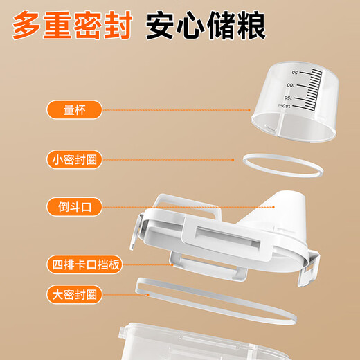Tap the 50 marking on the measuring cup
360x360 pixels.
[295, 72]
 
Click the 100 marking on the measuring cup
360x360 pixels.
[291, 84]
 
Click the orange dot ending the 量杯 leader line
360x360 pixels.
[250, 109]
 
